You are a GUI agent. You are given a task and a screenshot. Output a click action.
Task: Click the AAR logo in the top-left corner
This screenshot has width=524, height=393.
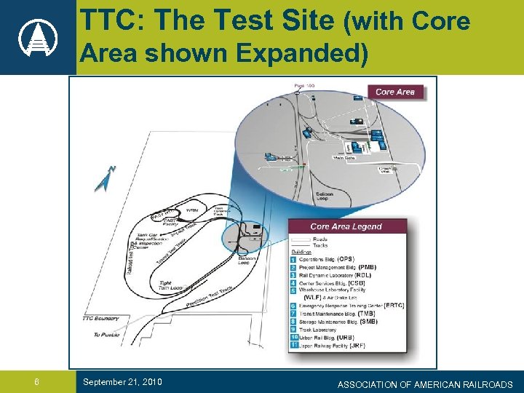[x=36, y=36]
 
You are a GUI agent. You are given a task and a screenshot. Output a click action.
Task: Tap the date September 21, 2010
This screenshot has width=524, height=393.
[x=122, y=382]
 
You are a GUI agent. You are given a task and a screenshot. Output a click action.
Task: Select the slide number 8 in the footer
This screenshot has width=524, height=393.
[x=36, y=383]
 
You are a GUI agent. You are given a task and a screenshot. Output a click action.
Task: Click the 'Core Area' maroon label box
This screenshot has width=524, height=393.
[x=395, y=92]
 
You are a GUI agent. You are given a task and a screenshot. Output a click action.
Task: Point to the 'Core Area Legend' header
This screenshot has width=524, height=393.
[x=346, y=226]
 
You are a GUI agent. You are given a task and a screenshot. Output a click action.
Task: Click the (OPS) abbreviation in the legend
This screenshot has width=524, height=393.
[x=346, y=259]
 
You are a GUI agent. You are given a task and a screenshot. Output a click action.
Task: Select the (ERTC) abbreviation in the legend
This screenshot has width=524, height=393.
[x=394, y=306]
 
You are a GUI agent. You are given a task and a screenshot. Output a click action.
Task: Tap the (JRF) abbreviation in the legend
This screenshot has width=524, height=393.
[x=357, y=346]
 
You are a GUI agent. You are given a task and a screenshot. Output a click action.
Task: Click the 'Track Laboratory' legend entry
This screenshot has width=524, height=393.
[x=317, y=330]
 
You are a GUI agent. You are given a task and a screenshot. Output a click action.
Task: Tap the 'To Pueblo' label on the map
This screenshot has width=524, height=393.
[x=106, y=335]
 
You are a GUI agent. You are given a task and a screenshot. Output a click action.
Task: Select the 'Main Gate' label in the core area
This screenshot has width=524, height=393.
[x=344, y=158]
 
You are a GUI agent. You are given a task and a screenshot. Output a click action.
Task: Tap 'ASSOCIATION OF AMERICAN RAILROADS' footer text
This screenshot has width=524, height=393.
[x=425, y=384]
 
